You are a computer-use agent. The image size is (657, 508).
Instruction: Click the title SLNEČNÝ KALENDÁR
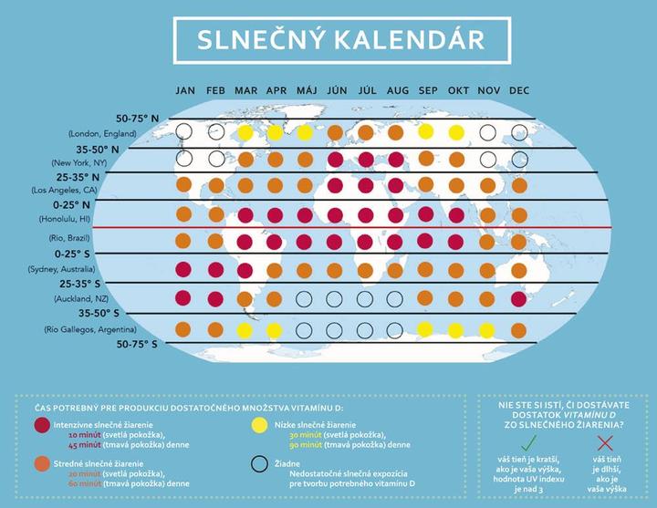tap(328, 40)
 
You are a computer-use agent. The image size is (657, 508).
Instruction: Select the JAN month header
tap(185, 90)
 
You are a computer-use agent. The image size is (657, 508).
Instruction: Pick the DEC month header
tap(519, 90)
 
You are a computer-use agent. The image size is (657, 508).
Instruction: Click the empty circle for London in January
tap(185, 132)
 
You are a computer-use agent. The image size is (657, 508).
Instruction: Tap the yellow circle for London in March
tap(245, 133)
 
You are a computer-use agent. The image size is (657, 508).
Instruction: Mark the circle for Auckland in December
tap(519, 298)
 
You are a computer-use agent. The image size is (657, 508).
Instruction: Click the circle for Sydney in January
tap(184, 270)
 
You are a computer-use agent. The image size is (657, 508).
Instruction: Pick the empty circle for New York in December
tap(519, 159)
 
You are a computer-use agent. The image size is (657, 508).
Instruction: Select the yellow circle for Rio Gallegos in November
tap(486, 328)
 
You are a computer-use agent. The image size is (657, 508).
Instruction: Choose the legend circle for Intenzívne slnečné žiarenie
tap(41, 426)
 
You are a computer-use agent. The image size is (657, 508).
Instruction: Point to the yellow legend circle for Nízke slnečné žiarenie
tap(259, 426)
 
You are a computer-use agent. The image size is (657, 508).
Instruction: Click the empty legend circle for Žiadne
tap(259, 464)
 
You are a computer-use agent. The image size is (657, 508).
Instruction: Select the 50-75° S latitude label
tap(137, 345)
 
